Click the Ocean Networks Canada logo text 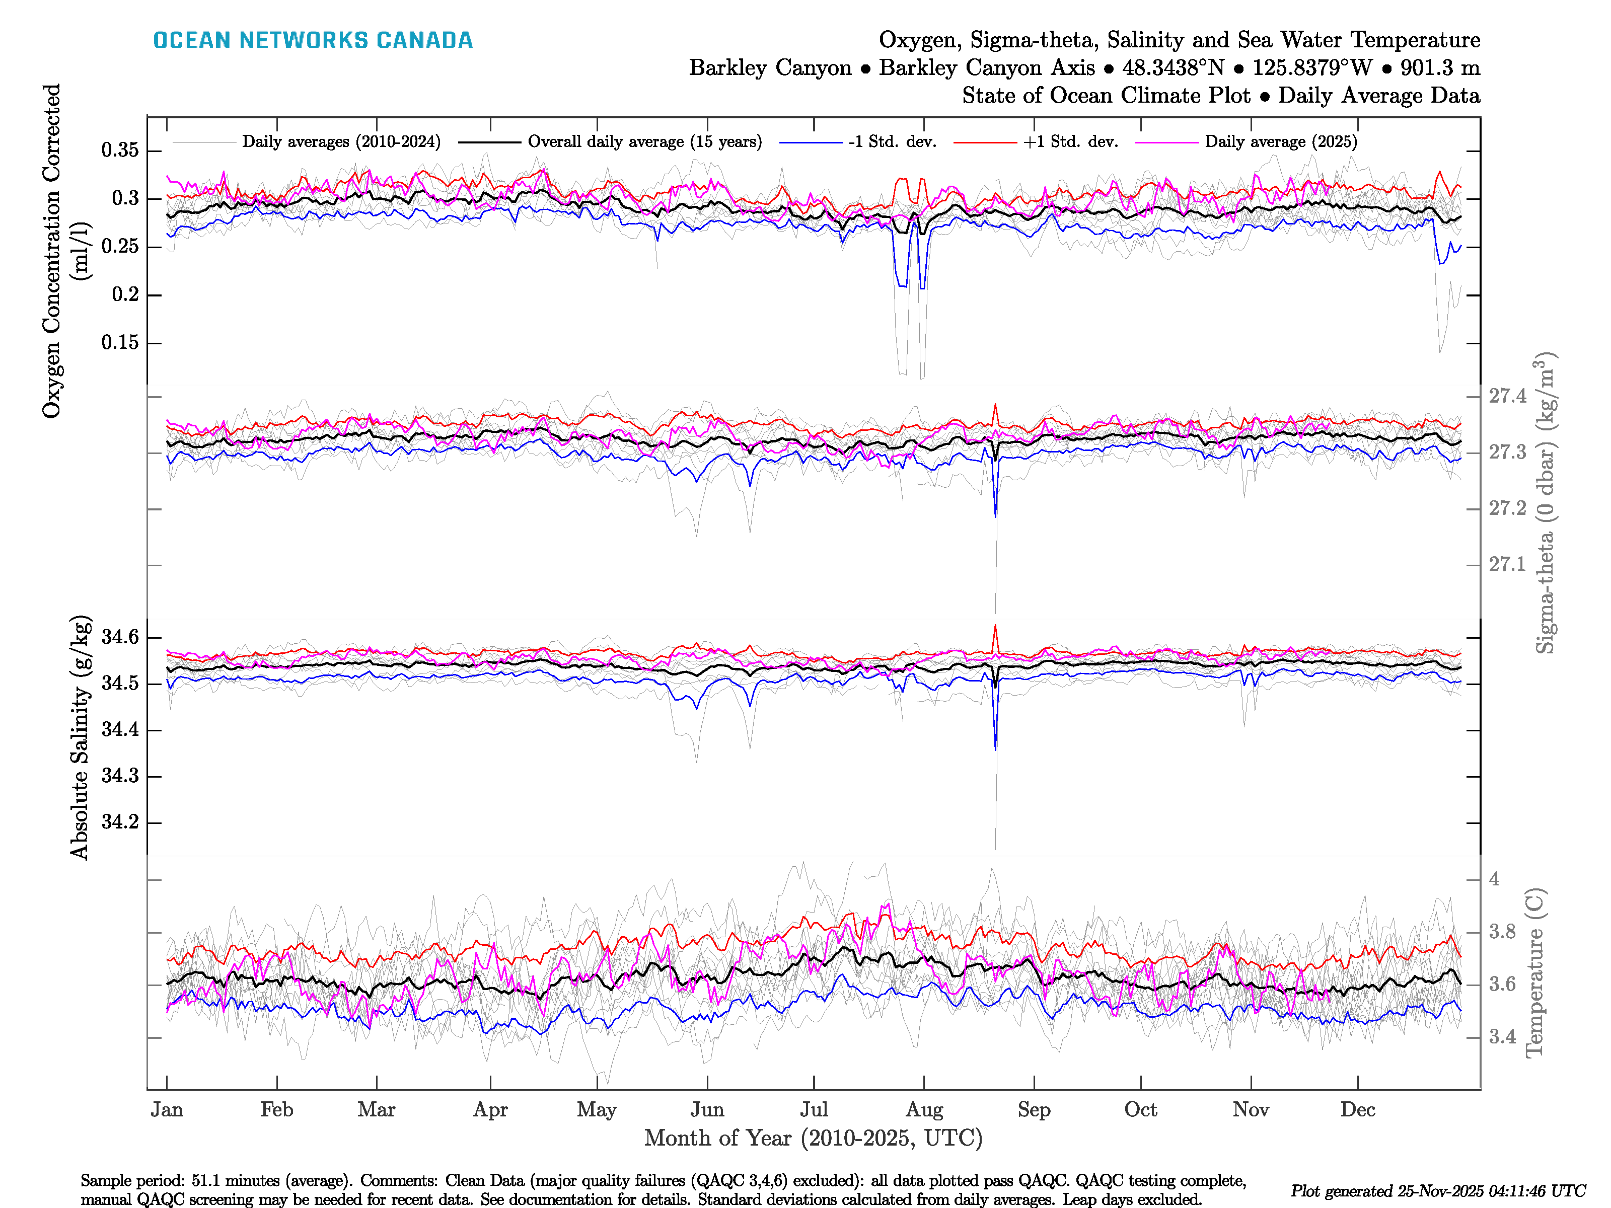pyautogui.click(x=313, y=40)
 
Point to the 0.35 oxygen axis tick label pyautogui.click(x=120, y=150)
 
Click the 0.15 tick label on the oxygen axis pyautogui.click(x=120, y=342)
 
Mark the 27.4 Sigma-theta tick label pyautogui.click(x=1507, y=396)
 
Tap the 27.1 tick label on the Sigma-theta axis pyautogui.click(x=1507, y=564)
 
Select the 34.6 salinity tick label pyautogui.click(x=120, y=637)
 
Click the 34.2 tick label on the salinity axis pyautogui.click(x=120, y=822)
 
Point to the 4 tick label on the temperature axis pyautogui.click(x=1494, y=879)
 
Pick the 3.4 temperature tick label pyautogui.click(x=1502, y=1037)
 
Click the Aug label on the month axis pyautogui.click(x=924, y=1110)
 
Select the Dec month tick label pyautogui.click(x=1358, y=1110)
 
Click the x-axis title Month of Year pyautogui.click(x=813, y=1138)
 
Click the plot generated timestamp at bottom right pyautogui.click(x=1438, y=1190)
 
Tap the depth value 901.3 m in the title pyautogui.click(x=1440, y=68)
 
